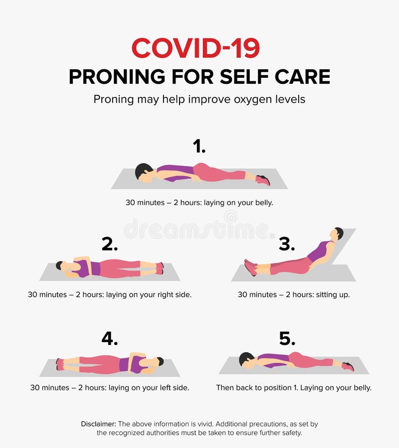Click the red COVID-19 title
pyautogui.click(x=196, y=48)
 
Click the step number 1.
pyautogui.click(x=199, y=146)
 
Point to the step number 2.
pyautogui.click(x=110, y=244)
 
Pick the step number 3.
pyautogui.click(x=287, y=244)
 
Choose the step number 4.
pyautogui.click(x=110, y=339)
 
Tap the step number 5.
pyautogui.click(x=287, y=339)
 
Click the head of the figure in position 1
pyautogui.click(x=144, y=172)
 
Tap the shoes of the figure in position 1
pyautogui.click(x=263, y=180)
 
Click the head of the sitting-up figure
pyautogui.click(x=337, y=234)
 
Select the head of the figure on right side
pyautogui.click(x=60, y=266)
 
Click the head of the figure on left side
pyautogui.click(x=159, y=362)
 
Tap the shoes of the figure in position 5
pyautogui.click(x=348, y=367)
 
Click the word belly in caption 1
pyautogui.click(x=265, y=203)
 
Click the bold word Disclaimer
pyautogui.click(x=99, y=424)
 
